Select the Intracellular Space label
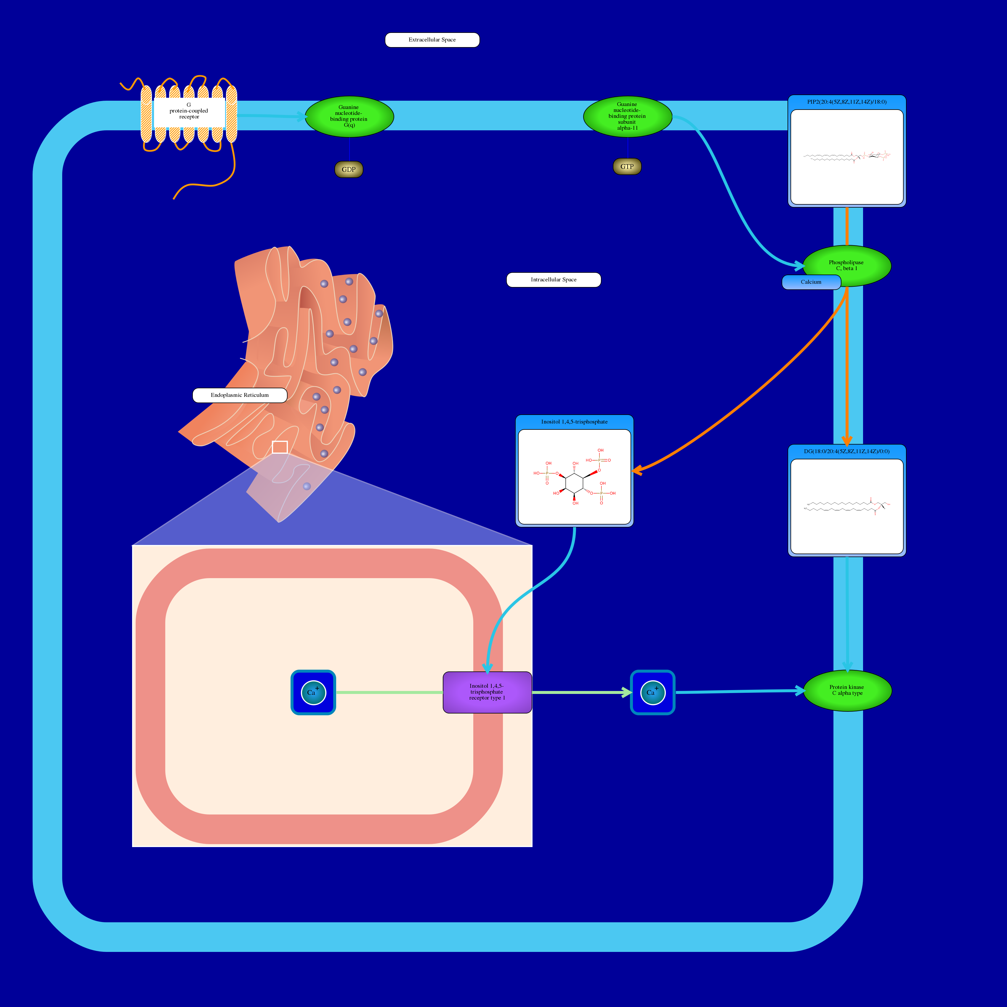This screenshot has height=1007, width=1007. click(x=554, y=280)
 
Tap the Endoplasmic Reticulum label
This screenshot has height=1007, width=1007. click(x=240, y=395)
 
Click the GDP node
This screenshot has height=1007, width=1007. click(x=349, y=169)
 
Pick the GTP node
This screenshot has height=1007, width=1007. click(x=627, y=167)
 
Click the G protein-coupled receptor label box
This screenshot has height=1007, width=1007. click(x=189, y=111)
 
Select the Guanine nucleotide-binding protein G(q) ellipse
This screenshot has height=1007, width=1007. click(x=349, y=116)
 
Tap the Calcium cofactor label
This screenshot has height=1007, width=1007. click(x=811, y=282)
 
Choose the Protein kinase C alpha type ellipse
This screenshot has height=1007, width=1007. click(x=847, y=690)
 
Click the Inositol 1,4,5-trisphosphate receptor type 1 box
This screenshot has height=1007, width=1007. click(x=487, y=692)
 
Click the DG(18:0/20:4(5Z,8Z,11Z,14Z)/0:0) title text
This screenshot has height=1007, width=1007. click(x=846, y=451)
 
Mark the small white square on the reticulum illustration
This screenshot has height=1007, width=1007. click(x=280, y=447)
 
